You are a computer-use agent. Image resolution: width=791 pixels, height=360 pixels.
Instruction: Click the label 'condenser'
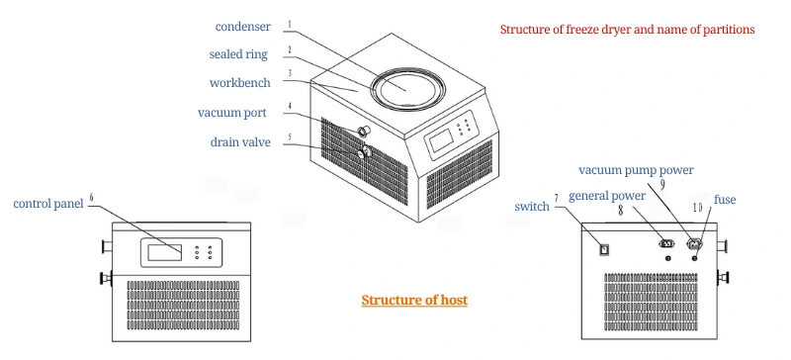pyautogui.click(x=242, y=27)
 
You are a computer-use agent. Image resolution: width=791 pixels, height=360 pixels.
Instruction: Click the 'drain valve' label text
pyautogui.click(x=240, y=142)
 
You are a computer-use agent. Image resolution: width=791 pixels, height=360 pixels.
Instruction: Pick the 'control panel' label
pyautogui.click(x=47, y=205)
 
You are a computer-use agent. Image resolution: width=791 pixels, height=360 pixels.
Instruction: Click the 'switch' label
pyautogui.click(x=532, y=207)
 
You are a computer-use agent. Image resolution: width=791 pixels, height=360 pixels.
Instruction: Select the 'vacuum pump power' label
pyautogui.click(x=637, y=170)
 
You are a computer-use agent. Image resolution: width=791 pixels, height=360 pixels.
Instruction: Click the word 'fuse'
pyautogui.click(x=725, y=200)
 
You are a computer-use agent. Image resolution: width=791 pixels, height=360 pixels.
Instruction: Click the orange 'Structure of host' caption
pyautogui.click(x=413, y=301)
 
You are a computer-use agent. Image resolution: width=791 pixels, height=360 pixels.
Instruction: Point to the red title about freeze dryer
pyautogui.click(x=627, y=30)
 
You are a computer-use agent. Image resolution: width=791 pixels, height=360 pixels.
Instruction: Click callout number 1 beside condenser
pyautogui.click(x=290, y=24)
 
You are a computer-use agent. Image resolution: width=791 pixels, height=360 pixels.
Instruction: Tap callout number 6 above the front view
pyautogui.click(x=91, y=198)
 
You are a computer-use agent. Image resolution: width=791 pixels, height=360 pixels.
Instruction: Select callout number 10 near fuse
pyautogui.click(x=696, y=207)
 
